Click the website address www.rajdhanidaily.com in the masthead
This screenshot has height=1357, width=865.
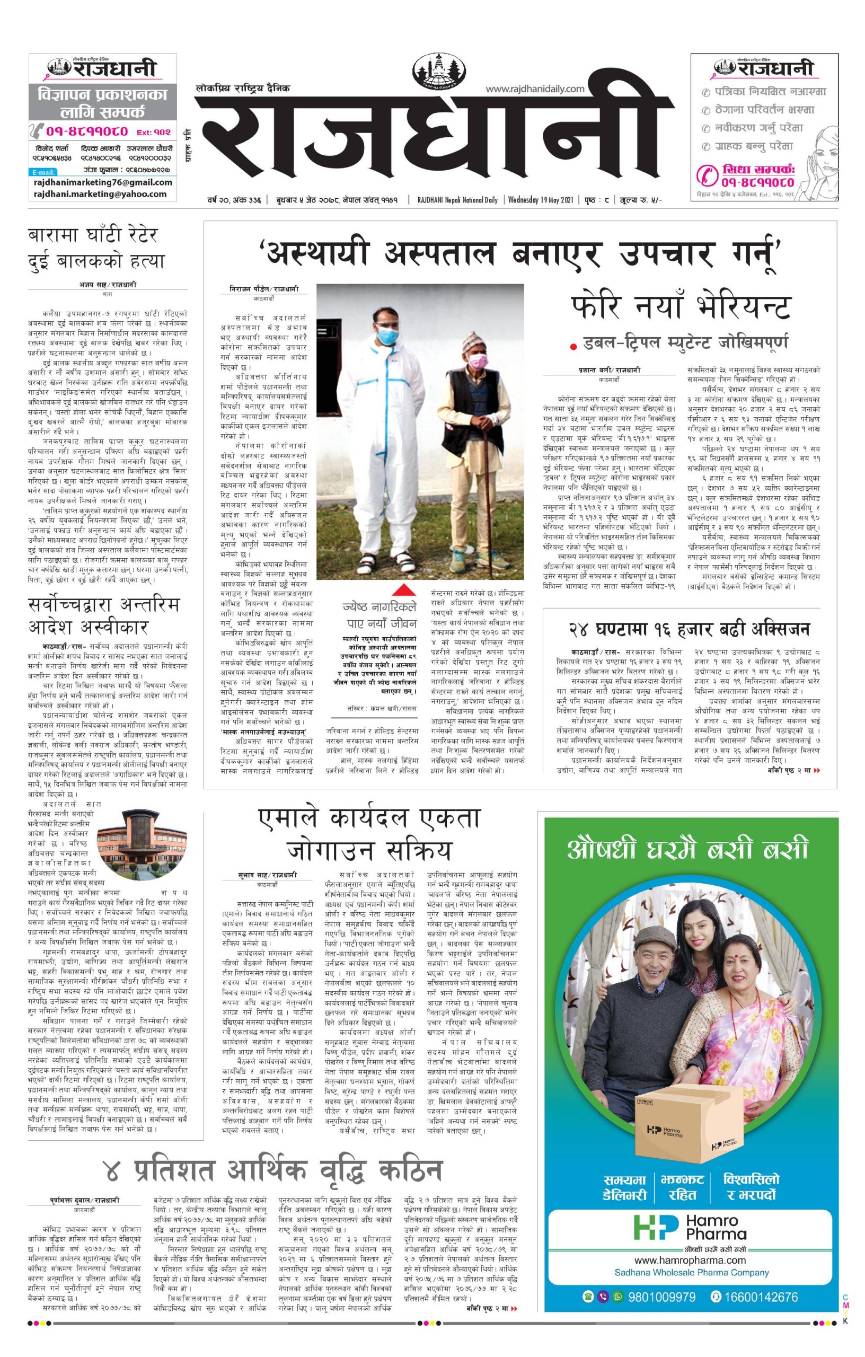(535, 89)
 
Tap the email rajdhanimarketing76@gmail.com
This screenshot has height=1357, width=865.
(103, 182)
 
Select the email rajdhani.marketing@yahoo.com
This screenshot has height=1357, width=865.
(100, 194)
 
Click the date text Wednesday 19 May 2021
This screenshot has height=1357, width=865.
(540, 199)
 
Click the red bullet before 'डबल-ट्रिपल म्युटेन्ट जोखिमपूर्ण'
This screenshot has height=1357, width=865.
(573, 346)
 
